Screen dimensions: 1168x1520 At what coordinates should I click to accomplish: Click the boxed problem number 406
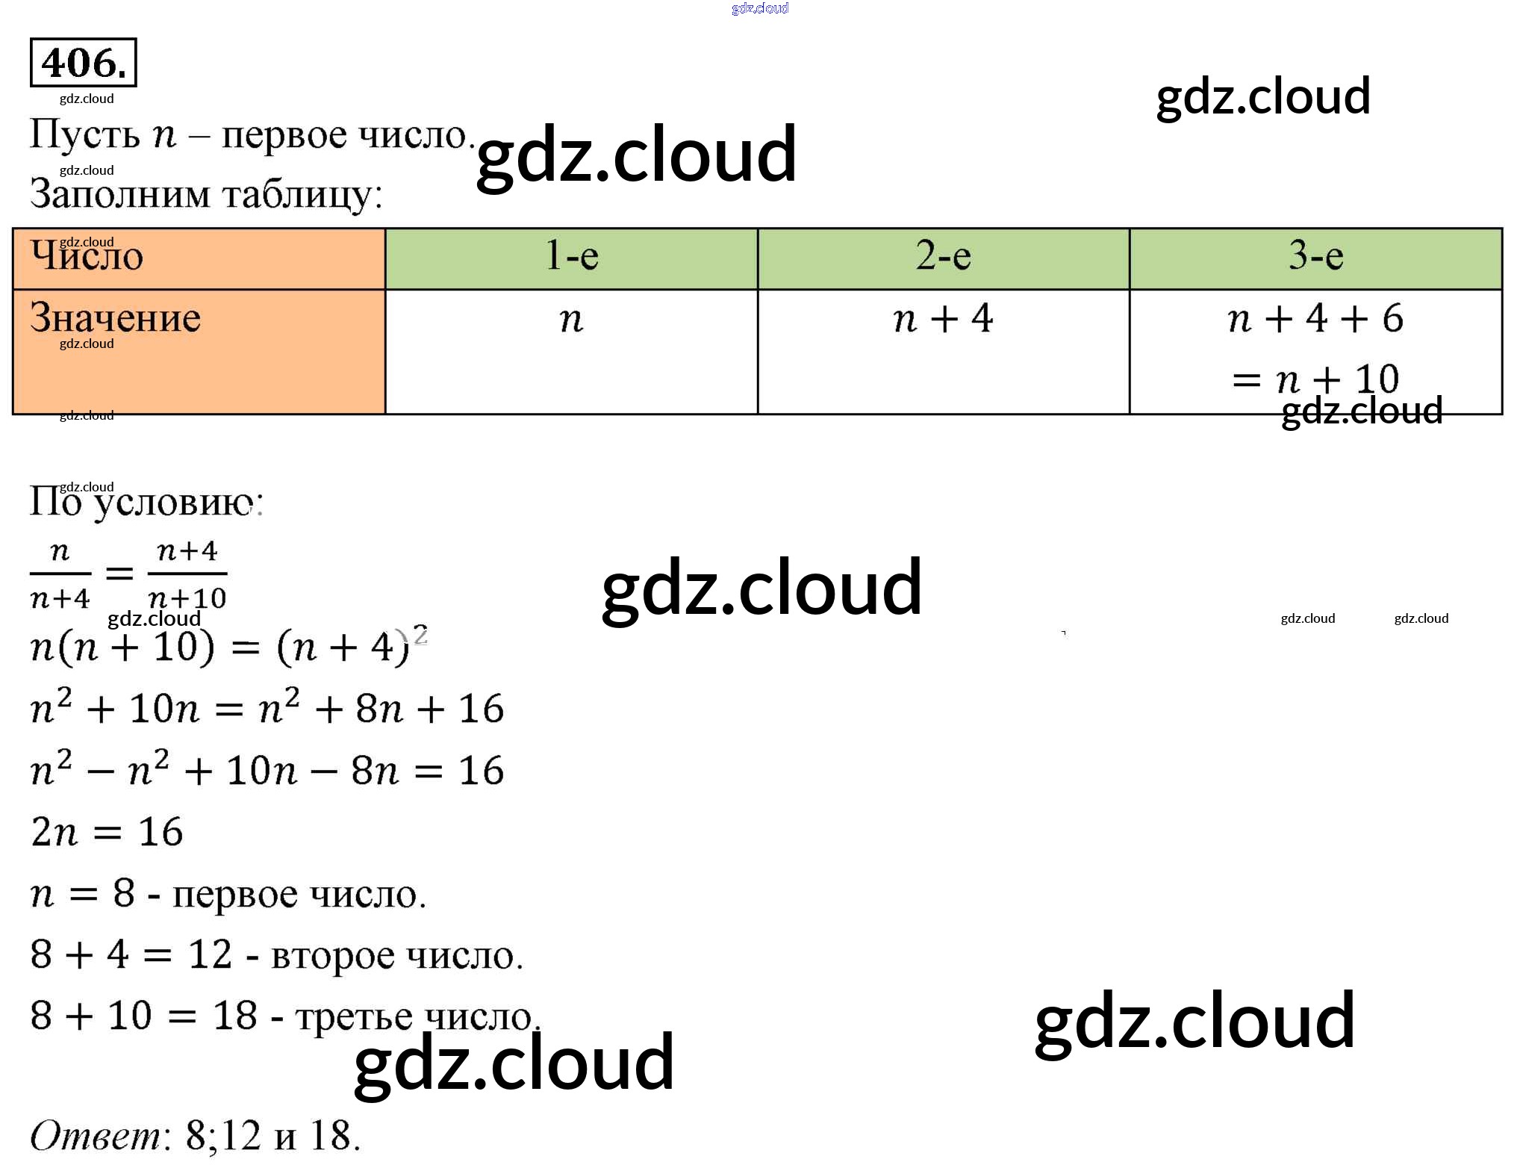(x=83, y=63)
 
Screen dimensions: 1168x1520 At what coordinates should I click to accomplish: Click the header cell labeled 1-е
(x=572, y=256)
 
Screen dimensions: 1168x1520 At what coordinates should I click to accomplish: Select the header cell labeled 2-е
(x=943, y=256)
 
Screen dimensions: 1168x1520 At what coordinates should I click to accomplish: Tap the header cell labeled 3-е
(x=1315, y=256)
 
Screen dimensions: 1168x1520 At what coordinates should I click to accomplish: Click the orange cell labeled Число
(x=87, y=256)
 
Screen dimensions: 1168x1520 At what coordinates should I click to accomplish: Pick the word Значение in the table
(x=116, y=318)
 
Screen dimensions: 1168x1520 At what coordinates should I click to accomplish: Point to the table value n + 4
(x=943, y=319)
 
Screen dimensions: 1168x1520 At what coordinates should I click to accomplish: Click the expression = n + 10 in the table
(x=1315, y=379)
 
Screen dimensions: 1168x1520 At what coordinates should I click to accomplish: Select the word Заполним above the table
(x=120, y=194)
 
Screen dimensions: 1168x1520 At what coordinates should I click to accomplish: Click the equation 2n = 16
(x=107, y=832)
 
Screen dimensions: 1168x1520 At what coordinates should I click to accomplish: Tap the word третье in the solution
(x=354, y=1017)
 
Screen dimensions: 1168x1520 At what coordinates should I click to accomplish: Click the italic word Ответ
(x=96, y=1137)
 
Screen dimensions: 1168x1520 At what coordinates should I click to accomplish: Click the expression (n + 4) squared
(x=351, y=646)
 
